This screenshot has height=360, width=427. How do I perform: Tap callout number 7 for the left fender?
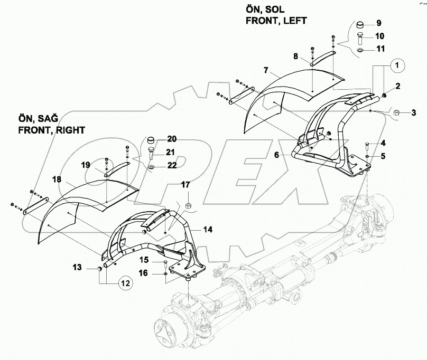266,70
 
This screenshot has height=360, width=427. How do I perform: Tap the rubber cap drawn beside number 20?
151,140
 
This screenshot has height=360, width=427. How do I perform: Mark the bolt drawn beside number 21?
151,154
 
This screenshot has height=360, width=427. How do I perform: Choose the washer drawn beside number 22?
151,167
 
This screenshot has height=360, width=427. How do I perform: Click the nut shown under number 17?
189,204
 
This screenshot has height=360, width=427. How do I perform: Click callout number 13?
78,268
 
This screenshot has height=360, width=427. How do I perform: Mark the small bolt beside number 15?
166,262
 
